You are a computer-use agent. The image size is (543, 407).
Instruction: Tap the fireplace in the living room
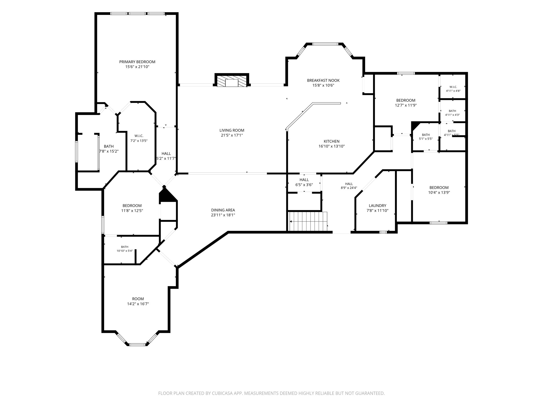click(232, 80)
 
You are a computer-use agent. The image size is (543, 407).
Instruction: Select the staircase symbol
click(308, 221)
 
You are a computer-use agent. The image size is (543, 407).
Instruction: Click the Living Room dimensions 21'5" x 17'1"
click(232, 135)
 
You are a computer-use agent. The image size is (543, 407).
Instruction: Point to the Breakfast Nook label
click(323, 80)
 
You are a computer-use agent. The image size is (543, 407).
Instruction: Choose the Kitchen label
click(331, 141)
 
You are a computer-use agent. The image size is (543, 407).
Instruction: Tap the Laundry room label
click(378, 206)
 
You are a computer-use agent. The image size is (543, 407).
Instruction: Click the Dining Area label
click(223, 210)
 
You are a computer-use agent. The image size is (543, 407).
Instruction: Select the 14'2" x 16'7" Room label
click(138, 302)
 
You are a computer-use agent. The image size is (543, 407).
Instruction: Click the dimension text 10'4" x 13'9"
click(439, 193)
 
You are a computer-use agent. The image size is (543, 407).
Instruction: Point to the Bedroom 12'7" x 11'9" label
click(406, 103)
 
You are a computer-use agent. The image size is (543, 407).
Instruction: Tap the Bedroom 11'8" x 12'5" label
click(132, 208)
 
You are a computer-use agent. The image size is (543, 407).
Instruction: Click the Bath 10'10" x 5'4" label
click(125, 249)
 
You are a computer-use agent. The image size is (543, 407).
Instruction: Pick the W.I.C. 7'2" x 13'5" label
click(139, 138)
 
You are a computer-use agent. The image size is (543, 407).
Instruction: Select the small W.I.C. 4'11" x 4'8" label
click(453, 89)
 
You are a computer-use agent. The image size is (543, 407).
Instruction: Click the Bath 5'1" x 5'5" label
click(426, 137)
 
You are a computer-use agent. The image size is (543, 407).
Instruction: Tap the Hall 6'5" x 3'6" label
click(304, 182)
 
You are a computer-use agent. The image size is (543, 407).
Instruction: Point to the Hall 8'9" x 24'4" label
click(349, 186)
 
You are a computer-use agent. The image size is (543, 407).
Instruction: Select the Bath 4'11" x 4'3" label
click(452, 113)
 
